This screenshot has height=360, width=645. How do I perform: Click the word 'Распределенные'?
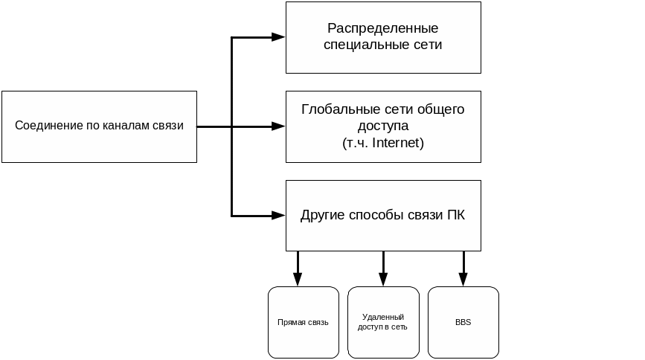click(383, 29)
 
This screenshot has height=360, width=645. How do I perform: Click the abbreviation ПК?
click(456, 216)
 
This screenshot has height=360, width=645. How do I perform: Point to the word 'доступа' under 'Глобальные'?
click(383, 126)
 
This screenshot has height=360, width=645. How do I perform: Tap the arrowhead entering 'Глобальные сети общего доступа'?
click(278, 126)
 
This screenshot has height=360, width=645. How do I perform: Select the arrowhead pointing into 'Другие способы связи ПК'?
click(278, 216)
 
